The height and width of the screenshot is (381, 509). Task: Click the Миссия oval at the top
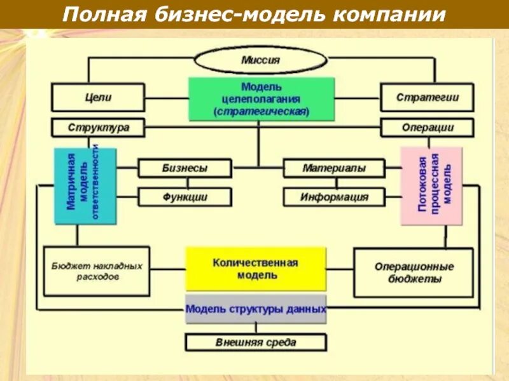click(x=260, y=60)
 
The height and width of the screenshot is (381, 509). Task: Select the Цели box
click(x=98, y=98)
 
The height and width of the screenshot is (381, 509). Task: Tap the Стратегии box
click(x=427, y=98)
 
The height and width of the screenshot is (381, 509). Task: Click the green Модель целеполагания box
click(x=261, y=99)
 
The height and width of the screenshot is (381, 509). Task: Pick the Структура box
click(x=98, y=128)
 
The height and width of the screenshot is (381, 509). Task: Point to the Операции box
click(x=427, y=128)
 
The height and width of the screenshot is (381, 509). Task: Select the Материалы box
click(x=333, y=168)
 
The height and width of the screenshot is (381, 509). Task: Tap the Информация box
click(x=333, y=197)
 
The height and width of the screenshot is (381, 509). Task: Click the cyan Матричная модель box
click(x=85, y=186)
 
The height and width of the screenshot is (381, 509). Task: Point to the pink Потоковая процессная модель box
click(x=431, y=186)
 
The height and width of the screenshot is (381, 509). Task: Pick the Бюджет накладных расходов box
click(x=96, y=272)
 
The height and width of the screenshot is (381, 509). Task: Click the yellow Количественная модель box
click(x=255, y=269)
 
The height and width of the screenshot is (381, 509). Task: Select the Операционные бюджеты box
click(x=414, y=272)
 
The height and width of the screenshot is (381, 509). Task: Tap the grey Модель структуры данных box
click(x=256, y=309)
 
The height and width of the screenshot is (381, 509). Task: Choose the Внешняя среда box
click(x=256, y=343)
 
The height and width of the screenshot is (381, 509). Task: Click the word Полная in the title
click(x=104, y=14)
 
